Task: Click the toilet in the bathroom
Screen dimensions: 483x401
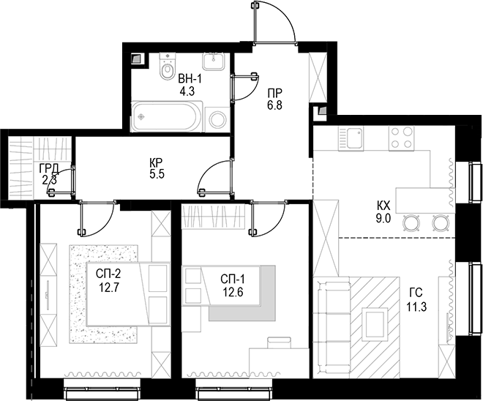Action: click(168, 67)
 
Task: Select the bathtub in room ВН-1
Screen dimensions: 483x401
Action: click(167, 116)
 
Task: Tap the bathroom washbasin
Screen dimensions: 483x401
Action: click(213, 61)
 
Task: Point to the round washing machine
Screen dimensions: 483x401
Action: click(218, 119)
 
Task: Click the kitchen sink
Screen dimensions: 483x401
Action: click(351, 138)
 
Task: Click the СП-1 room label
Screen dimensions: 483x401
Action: click(233, 280)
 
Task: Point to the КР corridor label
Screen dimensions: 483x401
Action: click(157, 162)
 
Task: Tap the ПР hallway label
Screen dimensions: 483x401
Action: click(274, 94)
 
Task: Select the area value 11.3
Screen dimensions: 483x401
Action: click(416, 307)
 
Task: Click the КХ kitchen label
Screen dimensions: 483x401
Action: click(383, 205)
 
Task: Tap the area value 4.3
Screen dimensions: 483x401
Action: click(187, 91)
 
